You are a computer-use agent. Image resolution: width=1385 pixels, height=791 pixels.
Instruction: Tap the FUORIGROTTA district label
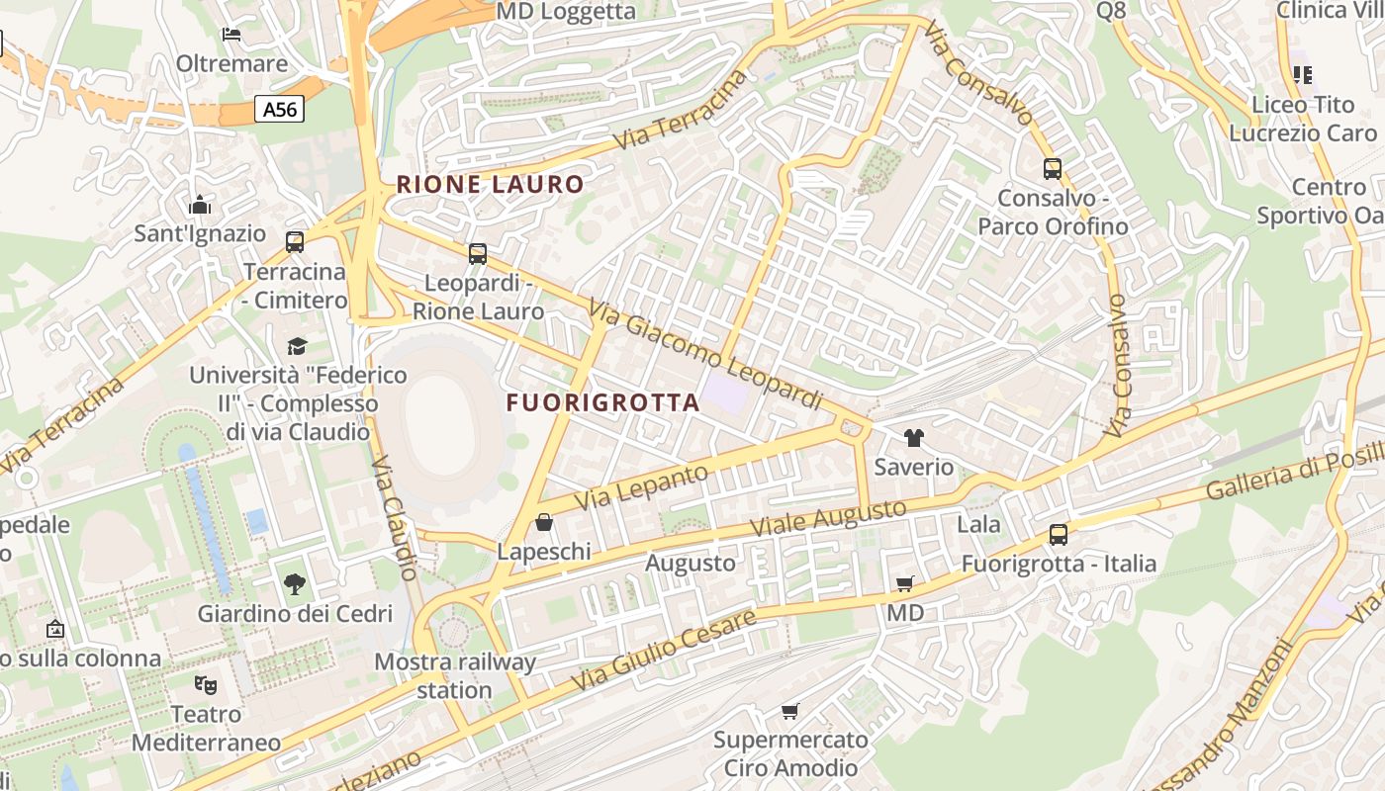coord(602,402)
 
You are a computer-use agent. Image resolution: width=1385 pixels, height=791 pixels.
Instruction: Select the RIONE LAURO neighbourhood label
coord(490,184)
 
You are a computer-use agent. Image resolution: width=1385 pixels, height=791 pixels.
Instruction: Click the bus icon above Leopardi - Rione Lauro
coord(478,254)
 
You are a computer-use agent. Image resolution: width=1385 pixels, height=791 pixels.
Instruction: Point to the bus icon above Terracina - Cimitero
coord(294,242)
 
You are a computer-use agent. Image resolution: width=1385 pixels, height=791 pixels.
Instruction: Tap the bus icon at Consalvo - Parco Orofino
coord(1052,169)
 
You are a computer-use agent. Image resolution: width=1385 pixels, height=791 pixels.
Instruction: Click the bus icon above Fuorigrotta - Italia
coord(1058,535)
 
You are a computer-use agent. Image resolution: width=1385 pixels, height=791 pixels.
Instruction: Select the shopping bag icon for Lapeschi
coord(543,522)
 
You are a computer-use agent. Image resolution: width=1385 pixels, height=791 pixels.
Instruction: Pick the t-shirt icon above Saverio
coord(913,438)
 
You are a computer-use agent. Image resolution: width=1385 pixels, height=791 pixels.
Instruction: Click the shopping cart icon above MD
coord(904,584)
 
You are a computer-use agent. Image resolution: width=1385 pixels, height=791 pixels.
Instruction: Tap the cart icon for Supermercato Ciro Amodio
coord(789,711)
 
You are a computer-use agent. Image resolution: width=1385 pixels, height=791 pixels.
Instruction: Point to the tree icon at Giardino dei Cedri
coord(294,584)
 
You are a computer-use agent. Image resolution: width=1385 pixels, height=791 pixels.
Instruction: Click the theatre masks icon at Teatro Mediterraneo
coord(206,684)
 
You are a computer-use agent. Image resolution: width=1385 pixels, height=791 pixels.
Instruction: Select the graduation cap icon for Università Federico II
coord(297,346)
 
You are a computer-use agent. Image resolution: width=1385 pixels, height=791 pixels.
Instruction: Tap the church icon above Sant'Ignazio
coord(200,205)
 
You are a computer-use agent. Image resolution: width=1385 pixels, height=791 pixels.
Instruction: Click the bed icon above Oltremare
coord(231,35)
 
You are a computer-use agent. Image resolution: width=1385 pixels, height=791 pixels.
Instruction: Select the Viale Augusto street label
coord(828,518)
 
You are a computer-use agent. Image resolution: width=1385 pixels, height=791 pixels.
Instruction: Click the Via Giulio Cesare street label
coord(664,651)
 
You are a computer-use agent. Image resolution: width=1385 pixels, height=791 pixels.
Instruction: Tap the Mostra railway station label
coord(455,675)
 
